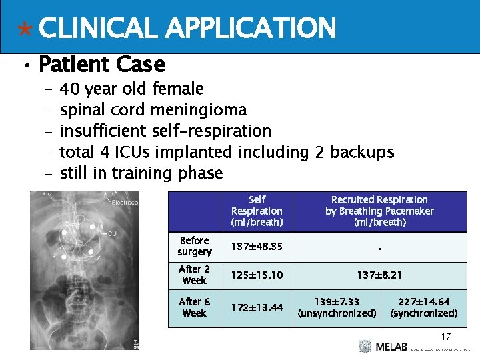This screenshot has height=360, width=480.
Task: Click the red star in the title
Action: click(x=25, y=29)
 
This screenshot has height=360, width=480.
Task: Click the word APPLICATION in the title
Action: click(x=250, y=28)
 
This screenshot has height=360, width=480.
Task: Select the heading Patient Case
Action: click(x=101, y=65)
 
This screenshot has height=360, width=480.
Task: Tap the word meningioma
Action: click(x=199, y=109)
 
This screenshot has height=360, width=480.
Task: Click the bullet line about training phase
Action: click(x=141, y=173)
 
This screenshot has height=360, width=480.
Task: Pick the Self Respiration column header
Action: click(x=257, y=211)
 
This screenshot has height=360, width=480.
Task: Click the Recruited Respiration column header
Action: click(x=379, y=211)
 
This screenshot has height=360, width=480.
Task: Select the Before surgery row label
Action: click(x=195, y=246)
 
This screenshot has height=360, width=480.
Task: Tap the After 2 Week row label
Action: click(x=195, y=275)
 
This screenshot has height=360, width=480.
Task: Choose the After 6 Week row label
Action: click(x=195, y=307)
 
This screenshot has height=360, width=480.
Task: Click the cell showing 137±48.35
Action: click(x=257, y=247)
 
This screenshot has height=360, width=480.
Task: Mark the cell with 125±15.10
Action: click(x=257, y=275)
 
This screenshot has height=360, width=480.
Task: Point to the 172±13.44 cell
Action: click(x=257, y=307)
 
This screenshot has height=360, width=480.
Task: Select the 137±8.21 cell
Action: click(x=379, y=275)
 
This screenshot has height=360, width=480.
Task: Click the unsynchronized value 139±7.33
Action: click(x=337, y=307)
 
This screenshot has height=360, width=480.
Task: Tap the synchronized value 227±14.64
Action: click(x=424, y=307)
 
